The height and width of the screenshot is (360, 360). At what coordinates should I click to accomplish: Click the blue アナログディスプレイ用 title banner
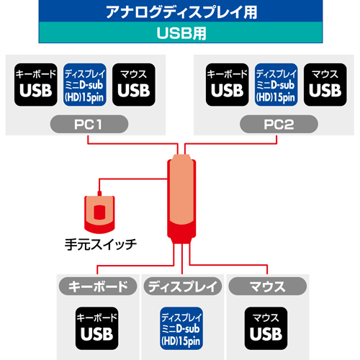point(181,11)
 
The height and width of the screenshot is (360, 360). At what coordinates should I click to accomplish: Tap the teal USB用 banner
point(181,32)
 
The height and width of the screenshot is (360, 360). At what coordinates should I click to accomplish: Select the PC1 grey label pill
point(89,124)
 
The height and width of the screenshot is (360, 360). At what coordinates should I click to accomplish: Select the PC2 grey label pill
point(279,124)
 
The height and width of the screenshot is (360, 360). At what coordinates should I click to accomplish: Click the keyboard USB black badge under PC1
point(36,85)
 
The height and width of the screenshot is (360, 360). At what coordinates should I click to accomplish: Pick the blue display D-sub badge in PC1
point(85,85)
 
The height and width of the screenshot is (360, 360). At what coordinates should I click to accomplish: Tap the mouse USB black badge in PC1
point(134,85)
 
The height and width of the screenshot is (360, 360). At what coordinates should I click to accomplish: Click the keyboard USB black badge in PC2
point(228,85)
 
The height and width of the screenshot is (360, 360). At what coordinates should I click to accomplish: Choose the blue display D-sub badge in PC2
point(276,85)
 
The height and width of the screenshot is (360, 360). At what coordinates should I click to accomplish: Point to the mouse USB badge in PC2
point(325,85)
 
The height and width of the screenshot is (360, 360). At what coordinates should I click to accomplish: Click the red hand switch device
point(99,215)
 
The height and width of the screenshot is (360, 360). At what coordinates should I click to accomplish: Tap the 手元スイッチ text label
point(101,245)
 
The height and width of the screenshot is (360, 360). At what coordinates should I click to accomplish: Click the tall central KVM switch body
point(181,199)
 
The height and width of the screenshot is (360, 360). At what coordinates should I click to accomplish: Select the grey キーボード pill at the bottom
point(98,287)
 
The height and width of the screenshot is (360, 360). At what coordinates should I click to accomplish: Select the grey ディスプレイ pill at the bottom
point(183,287)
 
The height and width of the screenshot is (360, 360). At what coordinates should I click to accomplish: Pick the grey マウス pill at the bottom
point(267,287)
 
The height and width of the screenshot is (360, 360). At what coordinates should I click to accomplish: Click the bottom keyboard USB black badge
point(96,328)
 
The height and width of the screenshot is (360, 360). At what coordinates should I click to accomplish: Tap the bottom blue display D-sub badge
point(181,328)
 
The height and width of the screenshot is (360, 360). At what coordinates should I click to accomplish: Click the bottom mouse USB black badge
point(266,328)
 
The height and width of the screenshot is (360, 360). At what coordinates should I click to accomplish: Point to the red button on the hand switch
point(99,212)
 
